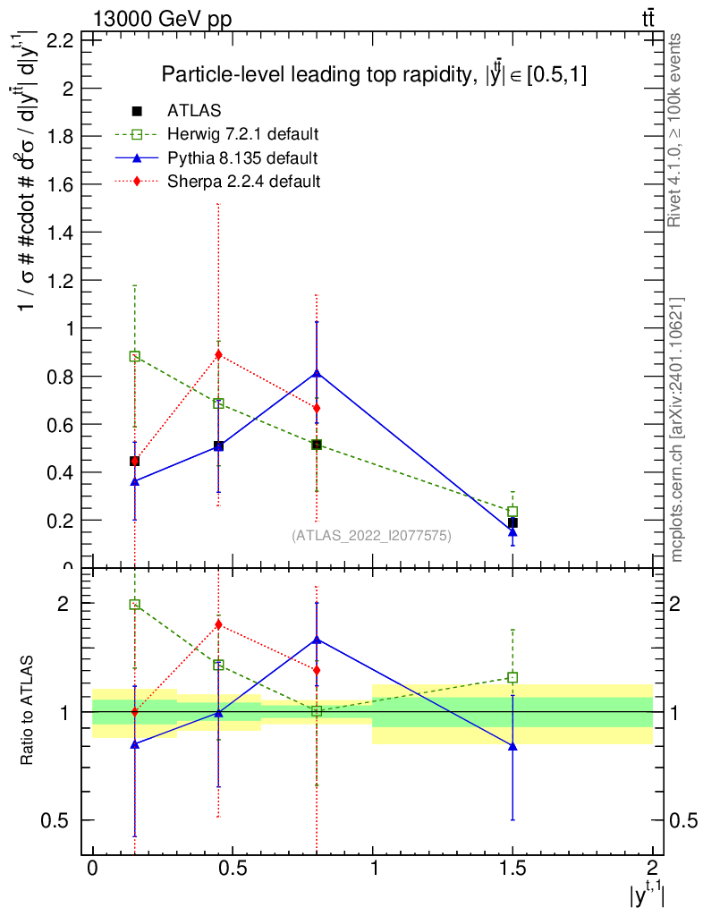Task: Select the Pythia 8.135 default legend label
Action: point(242,158)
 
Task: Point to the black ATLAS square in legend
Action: point(137,111)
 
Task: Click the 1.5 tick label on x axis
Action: point(512,868)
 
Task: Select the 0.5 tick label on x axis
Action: point(233,868)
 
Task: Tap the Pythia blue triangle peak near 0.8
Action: point(317,373)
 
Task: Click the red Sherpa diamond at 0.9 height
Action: point(218,354)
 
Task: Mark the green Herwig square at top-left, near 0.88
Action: point(135,356)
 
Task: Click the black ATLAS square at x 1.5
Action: point(512,522)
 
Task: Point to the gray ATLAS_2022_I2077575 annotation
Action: point(371,536)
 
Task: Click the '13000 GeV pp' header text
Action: point(162,20)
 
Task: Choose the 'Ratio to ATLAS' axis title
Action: point(27,710)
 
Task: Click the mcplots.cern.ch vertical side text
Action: point(675,430)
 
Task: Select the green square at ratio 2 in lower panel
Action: point(135,605)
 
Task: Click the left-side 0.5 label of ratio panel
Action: point(55,821)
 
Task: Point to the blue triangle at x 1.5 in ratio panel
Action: point(512,746)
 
